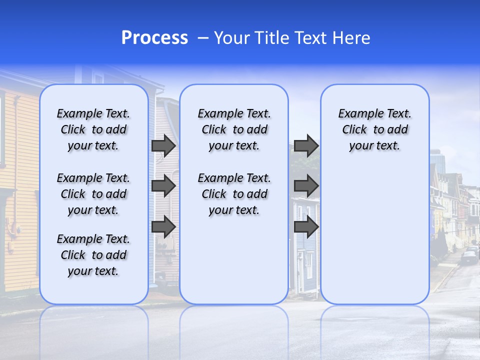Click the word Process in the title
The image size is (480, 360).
point(154,38)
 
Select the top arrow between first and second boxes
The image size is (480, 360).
point(163,146)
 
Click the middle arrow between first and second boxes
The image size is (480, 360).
point(163,186)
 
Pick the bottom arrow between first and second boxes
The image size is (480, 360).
point(163,226)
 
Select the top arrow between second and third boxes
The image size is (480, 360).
point(306,146)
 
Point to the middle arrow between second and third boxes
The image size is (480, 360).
point(306,186)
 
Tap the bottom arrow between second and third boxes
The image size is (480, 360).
point(306,226)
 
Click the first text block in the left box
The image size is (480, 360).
point(93,129)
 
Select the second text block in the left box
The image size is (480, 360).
point(93,194)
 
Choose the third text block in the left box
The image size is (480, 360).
point(93,255)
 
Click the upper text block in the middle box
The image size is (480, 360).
point(234,129)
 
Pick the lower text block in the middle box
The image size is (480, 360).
point(234,194)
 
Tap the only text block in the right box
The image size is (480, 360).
point(374,129)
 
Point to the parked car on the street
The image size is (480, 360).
point(469,257)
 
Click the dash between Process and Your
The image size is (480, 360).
point(203,38)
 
